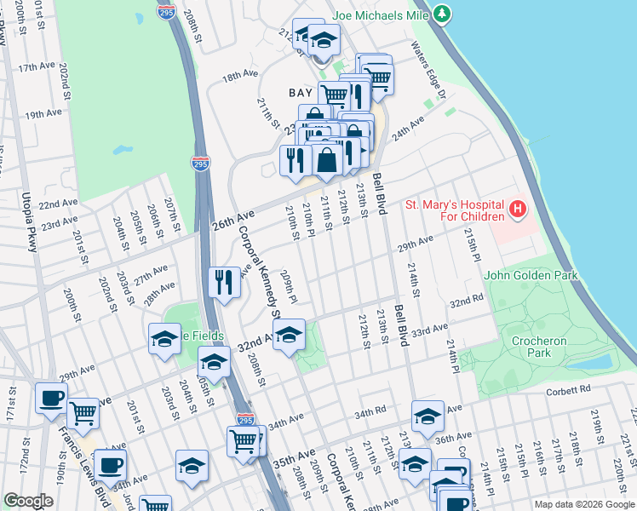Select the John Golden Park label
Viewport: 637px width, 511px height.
coord(531,275)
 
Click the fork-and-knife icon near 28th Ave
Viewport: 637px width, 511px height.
coord(223,282)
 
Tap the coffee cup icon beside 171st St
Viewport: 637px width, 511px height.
coord(51,398)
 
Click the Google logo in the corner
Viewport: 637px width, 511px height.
coord(28,501)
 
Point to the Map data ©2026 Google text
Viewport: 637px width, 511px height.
coord(584,504)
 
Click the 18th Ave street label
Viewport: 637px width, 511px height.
coord(240,75)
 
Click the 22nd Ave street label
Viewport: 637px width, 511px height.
coord(59,204)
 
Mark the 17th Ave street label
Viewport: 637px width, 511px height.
coord(37,66)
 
